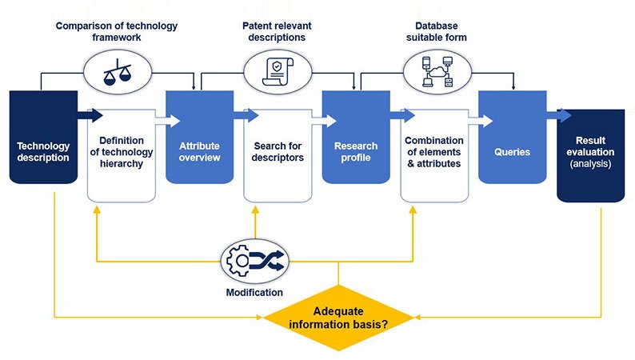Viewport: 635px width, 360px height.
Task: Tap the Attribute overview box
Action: tap(199, 138)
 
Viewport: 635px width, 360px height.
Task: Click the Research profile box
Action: tap(356, 138)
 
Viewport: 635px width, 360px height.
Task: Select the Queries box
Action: tap(512, 138)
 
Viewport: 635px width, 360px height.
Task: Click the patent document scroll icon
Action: tap(275, 70)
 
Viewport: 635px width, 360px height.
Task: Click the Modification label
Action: tap(254, 293)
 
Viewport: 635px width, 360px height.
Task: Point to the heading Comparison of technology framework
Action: tap(116, 32)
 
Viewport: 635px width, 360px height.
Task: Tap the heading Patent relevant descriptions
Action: tap(278, 32)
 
